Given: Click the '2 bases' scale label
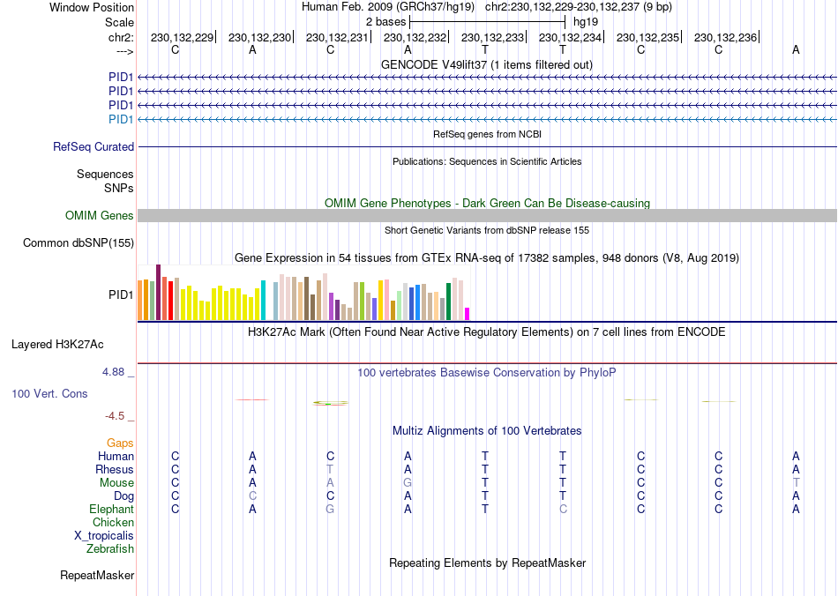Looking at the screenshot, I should (x=385, y=20).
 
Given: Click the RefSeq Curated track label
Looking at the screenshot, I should (x=94, y=147).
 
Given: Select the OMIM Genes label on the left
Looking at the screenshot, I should (x=100, y=216).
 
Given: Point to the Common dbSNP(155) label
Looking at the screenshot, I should (x=79, y=242).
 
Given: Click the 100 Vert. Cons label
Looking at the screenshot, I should (x=49, y=393).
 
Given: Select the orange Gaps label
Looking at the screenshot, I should (x=120, y=443).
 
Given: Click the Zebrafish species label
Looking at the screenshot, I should (x=110, y=549).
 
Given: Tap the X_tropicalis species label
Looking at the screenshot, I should (x=104, y=536).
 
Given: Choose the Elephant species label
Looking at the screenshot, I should (x=111, y=510).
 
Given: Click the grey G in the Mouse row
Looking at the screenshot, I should (x=408, y=483).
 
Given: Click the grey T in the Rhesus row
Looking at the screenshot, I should (x=330, y=470).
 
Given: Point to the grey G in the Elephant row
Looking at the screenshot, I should (x=330, y=510).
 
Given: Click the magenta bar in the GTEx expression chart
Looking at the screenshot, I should (x=467, y=313).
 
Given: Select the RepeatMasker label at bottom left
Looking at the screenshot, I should (x=97, y=576).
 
